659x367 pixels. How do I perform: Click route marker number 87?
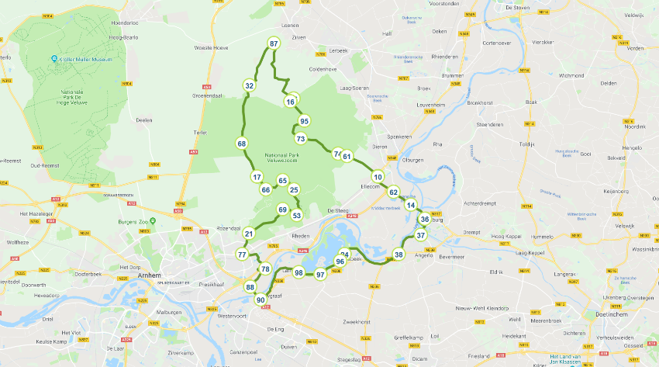click(x=274, y=44)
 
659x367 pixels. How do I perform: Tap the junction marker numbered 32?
click(x=249, y=85)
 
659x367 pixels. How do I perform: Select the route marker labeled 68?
click(x=242, y=144)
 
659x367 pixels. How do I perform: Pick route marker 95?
click(x=305, y=121)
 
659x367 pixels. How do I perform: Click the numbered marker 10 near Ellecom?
click(x=377, y=176)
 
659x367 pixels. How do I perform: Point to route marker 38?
click(x=399, y=254)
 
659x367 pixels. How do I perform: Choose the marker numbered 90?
click(x=260, y=299)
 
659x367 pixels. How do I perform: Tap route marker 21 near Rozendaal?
click(x=249, y=234)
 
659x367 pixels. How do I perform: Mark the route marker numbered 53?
click(x=296, y=215)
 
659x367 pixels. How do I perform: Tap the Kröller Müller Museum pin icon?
click(x=54, y=59)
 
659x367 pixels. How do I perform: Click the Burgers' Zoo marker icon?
click(x=153, y=220)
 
